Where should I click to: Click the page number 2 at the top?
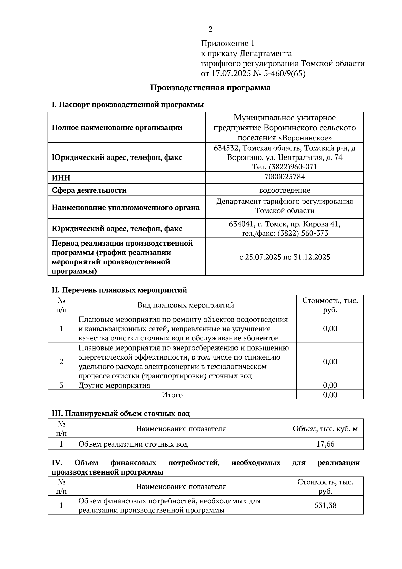click(210, 30)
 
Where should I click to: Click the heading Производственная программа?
click(210, 88)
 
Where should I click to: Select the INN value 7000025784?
click(284, 177)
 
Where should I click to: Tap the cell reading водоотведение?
click(284, 190)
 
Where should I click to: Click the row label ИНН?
click(61, 178)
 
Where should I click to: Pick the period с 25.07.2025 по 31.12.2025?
click(284, 257)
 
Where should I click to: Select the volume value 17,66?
click(325, 444)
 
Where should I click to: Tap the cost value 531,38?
click(325, 505)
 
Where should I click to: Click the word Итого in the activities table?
click(172, 395)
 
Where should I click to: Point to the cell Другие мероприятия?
click(114, 385)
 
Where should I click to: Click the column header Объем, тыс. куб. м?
click(325, 429)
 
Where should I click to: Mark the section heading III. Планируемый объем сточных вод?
click(120, 414)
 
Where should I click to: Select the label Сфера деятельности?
click(89, 190)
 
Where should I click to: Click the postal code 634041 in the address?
click(240, 224)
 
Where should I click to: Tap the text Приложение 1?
click(228, 44)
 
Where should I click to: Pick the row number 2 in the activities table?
click(61, 362)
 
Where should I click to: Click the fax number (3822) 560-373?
click(303, 233)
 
